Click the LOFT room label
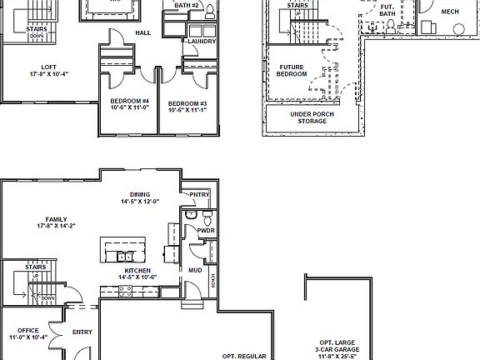[42, 67]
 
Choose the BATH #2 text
[187, 5]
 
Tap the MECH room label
[449, 12]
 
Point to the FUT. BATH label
[387, 11]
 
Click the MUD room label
[194, 270]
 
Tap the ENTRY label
[82, 332]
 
